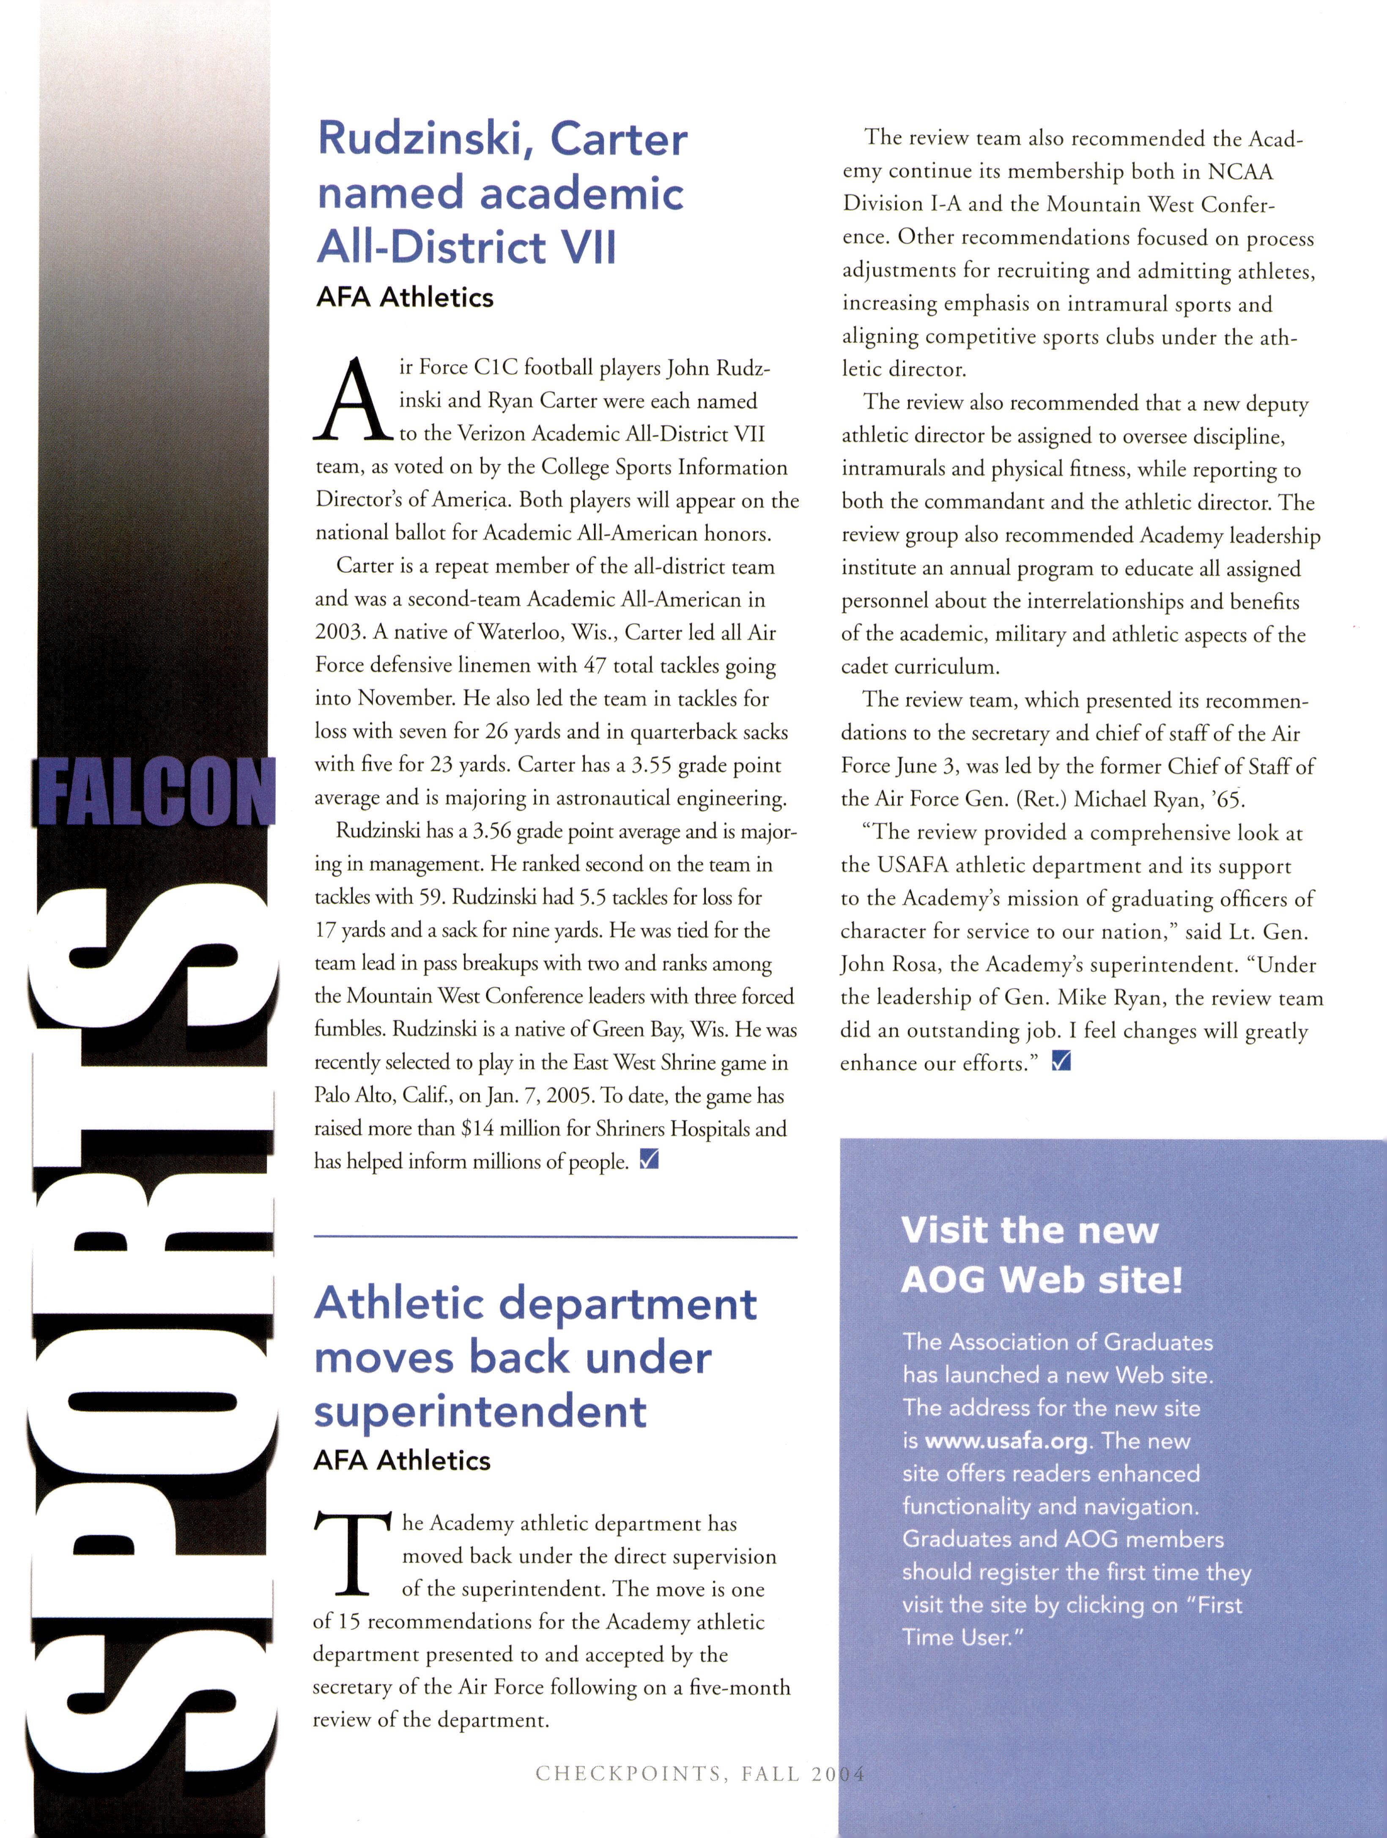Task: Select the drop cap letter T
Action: pyautogui.click(x=352, y=1552)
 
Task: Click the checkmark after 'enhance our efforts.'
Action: pyautogui.click(x=1061, y=1061)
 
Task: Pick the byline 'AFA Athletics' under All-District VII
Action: pyautogui.click(x=405, y=297)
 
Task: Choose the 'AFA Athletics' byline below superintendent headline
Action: pyautogui.click(x=402, y=1460)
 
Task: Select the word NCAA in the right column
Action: pyautogui.click(x=1240, y=171)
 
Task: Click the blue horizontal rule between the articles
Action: pyautogui.click(x=555, y=1237)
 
